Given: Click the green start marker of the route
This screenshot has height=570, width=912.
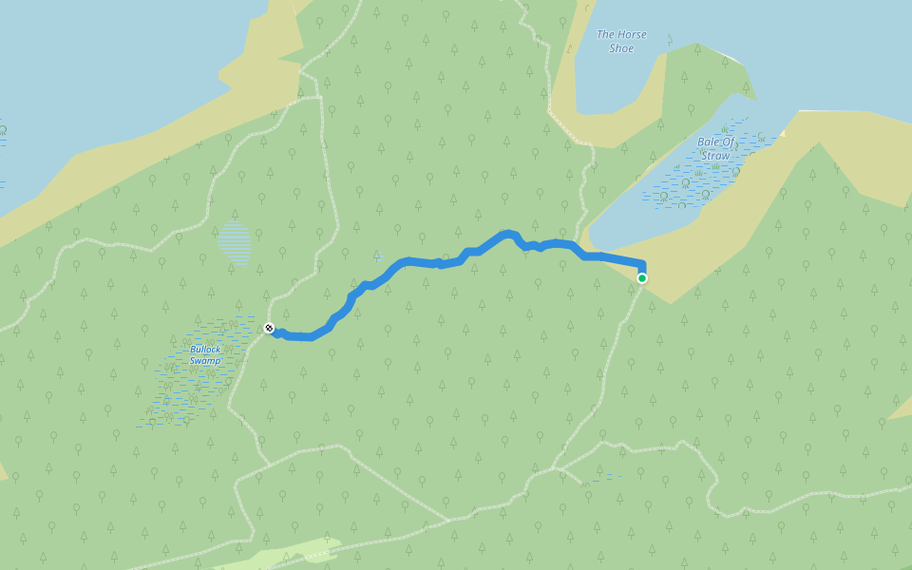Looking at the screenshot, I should pyautogui.click(x=642, y=278).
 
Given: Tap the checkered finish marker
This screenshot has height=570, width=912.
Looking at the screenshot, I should pyautogui.click(x=269, y=329).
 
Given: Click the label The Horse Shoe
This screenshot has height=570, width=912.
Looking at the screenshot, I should pyautogui.click(x=621, y=41).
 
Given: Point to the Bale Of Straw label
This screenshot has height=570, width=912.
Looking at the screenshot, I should pyautogui.click(x=715, y=149).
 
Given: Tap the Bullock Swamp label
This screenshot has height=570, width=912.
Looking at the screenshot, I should pyautogui.click(x=204, y=354).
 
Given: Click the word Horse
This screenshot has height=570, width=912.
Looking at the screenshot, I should pyautogui.click(x=634, y=34).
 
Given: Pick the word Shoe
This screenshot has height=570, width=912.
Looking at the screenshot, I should pyautogui.click(x=621, y=48).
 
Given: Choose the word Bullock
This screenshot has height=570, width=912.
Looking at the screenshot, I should pyautogui.click(x=204, y=349).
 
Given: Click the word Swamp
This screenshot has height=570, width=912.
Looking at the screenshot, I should pyautogui.click(x=204, y=361).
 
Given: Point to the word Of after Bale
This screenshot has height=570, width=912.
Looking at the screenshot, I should pyautogui.click(x=730, y=142).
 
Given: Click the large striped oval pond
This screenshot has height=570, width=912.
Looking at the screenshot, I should pyautogui.click(x=235, y=244).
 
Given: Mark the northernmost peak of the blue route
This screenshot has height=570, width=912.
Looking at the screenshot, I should pyautogui.click(x=508, y=232).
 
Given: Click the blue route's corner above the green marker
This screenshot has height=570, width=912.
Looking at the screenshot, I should pyautogui.click(x=644, y=264).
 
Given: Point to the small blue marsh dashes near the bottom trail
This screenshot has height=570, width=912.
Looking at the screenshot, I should pyautogui.click(x=600, y=479).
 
